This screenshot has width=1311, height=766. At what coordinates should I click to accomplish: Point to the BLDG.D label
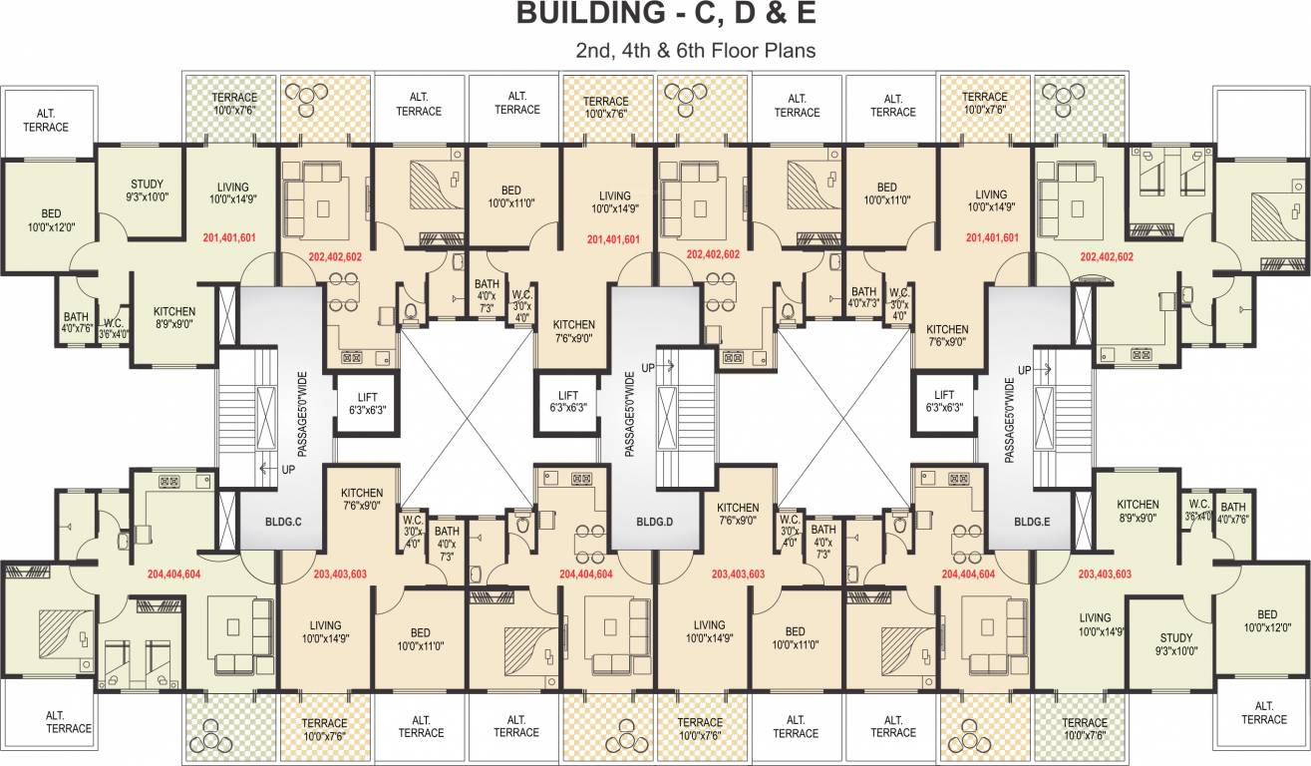tap(655, 521)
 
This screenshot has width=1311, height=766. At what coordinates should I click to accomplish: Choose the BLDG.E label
tap(1033, 521)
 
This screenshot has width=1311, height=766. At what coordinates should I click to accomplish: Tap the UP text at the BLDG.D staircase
tap(648, 368)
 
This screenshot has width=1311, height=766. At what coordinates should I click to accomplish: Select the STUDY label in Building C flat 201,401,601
tap(147, 191)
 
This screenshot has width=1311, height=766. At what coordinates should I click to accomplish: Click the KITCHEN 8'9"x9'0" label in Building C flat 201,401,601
tap(173, 316)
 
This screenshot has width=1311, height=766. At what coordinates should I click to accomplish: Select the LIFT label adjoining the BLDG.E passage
tap(944, 401)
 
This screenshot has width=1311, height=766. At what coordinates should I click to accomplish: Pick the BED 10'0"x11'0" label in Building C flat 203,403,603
tap(420, 639)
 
